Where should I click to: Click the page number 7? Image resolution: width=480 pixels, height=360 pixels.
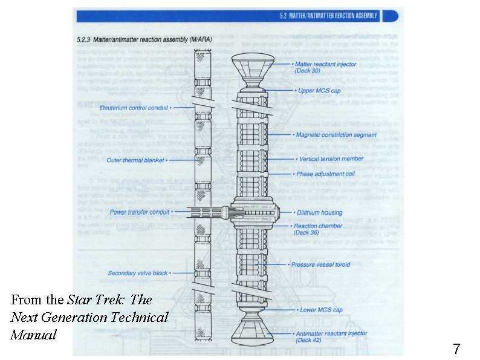point(456,349)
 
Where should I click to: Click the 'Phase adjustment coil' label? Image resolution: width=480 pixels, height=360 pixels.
point(326,174)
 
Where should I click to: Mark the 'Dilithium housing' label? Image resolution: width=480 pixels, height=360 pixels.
point(319,212)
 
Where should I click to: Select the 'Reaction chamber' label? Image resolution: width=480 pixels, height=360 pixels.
point(319,226)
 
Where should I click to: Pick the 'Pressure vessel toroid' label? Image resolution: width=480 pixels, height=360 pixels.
point(320,264)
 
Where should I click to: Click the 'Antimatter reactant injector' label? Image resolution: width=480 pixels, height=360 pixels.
point(332,333)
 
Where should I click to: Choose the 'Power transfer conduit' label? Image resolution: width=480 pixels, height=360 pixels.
point(140,212)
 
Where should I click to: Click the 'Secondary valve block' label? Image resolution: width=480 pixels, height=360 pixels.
point(137,273)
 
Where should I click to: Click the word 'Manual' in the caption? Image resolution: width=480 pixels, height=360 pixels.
point(33,334)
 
